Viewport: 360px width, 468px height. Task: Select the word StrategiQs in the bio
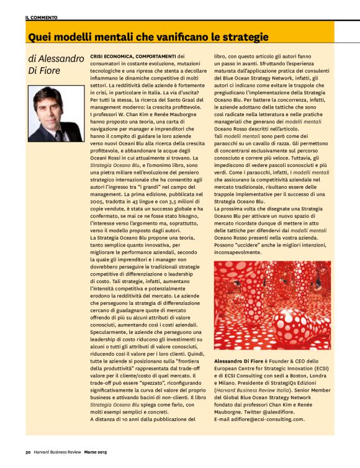[x=283, y=376]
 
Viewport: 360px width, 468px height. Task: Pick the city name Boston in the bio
[x=302, y=367]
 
